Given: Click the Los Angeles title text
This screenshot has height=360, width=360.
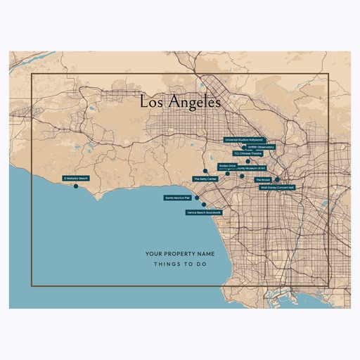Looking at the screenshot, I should [x=180, y=102].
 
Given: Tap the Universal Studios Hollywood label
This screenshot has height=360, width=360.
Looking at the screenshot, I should [x=243, y=140].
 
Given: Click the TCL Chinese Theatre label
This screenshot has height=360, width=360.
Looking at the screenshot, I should [x=247, y=153].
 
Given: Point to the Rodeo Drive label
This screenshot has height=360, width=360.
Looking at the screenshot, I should [x=227, y=166].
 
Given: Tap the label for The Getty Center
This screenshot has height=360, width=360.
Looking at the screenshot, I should [x=205, y=179].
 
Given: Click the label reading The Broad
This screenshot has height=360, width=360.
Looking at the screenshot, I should [x=262, y=180].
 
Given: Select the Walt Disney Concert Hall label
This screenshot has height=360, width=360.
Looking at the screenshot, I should [x=277, y=188].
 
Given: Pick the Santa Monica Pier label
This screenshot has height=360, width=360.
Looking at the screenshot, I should [x=178, y=198].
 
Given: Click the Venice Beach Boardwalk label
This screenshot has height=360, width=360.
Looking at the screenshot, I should [x=204, y=212].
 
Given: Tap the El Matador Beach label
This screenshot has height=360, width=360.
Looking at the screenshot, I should [x=76, y=179].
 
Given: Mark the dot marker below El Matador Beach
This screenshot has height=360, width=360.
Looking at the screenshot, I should [x=76, y=186].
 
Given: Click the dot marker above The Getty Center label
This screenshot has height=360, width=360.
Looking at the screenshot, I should [x=205, y=172].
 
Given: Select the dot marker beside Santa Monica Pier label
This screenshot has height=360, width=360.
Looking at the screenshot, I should [x=195, y=198].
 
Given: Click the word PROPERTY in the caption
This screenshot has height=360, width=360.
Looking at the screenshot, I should [x=180, y=253].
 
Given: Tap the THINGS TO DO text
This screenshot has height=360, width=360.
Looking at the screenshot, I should [x=180, y=265].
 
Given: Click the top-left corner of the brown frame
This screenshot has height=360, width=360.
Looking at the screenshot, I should [x=32, y=74].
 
